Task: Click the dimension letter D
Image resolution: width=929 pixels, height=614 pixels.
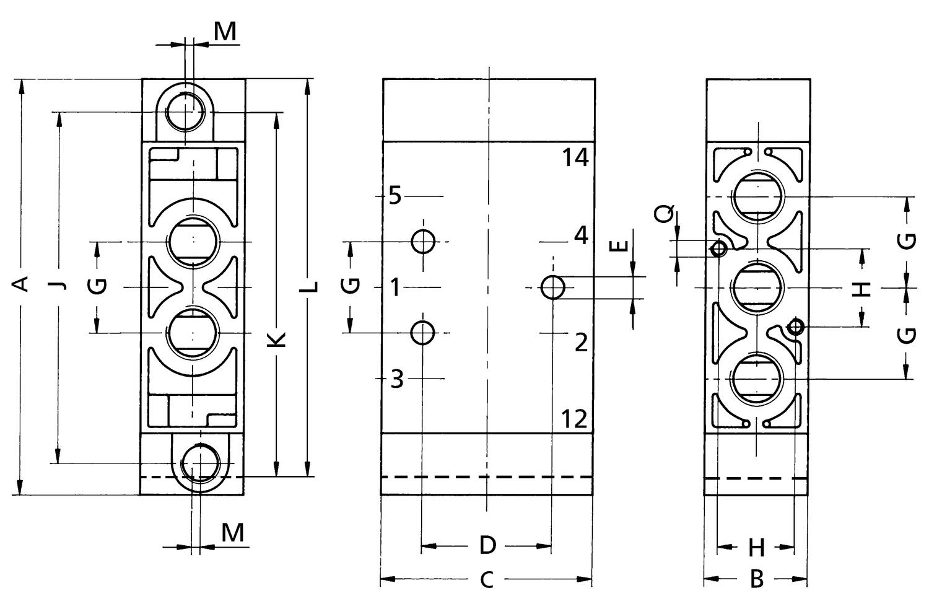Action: [x=488, y=546]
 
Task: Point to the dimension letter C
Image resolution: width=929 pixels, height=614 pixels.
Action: [x=487, y=581]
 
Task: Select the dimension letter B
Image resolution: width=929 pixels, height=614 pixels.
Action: [x=757, y=580]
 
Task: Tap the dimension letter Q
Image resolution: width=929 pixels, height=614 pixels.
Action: [x=663, y=214]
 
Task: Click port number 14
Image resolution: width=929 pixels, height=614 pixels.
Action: [x=575, y=158]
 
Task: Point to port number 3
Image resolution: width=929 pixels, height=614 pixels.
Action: [x=397, y=379]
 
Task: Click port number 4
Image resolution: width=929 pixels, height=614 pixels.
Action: [x=580, y=236]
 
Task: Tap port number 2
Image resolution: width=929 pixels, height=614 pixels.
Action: [x=580, y=342]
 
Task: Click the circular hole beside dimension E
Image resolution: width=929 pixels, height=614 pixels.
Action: [x=553, y=287]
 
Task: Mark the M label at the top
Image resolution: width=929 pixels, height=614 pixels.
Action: [x=225, y=32]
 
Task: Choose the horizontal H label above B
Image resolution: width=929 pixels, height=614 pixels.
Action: [x=757, y=548]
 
